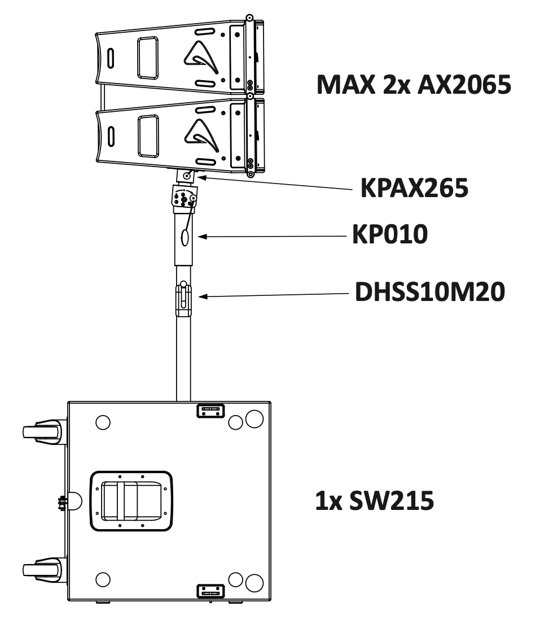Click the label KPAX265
[x=414, y=189]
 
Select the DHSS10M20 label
[x=428, y=294]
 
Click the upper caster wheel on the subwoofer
[x=42, y=433]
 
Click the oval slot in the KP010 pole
[x=184, y=238]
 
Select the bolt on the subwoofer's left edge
[x=60, y=500]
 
